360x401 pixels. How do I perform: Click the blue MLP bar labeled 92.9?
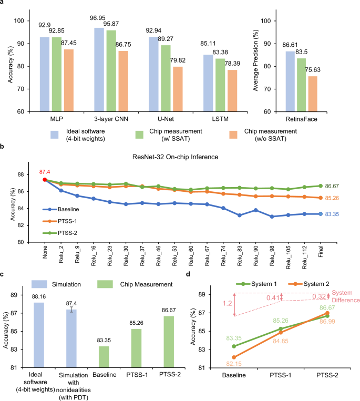click(44, 74)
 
